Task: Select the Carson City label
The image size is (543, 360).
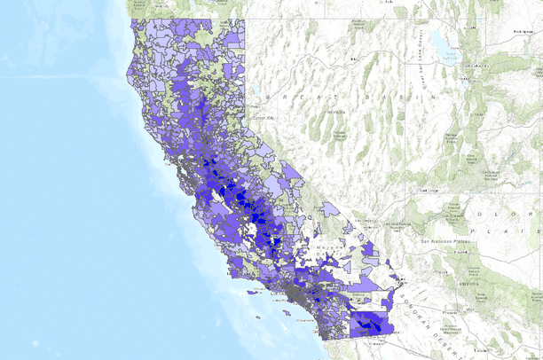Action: pos(261,116)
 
